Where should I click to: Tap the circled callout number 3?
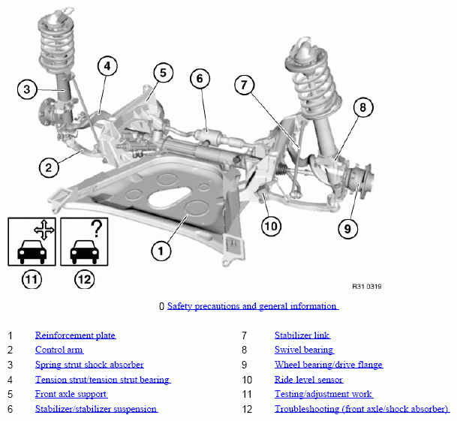(x=28, y=90)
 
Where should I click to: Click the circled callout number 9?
(x=347, y=227)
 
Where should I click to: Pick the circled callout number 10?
(x=271, y=224)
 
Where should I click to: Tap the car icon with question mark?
(x=85, y=242)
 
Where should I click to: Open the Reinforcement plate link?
(x=75, y=335)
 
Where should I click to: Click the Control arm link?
(x=59, y=350)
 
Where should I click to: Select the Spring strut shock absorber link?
(x=89, y=365)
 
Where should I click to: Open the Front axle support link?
(x=71, y=394)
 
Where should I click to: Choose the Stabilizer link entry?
(x=302, y=335)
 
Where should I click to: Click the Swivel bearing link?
(x=304, y=350)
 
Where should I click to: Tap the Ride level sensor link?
(x=308, y=380)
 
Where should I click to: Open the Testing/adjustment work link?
(x=323, y=394)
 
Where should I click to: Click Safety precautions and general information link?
(x=252, y=306)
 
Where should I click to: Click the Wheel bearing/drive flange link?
(x=328, y=365)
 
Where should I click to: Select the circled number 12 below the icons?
(x=84, y=280)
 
